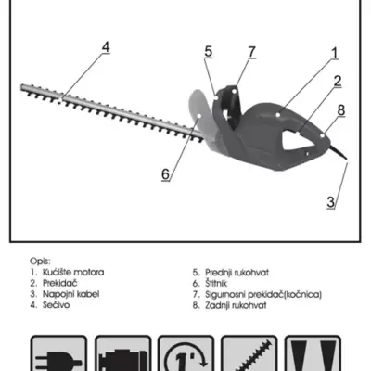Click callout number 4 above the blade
point(106,47)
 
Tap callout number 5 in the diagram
point(209,52)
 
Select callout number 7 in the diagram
point(252,52)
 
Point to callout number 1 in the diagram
point(335,53)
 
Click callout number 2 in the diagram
point(338,81)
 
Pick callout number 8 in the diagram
point(341,110)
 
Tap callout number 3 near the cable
point(331,202)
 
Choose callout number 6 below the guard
point(166,174)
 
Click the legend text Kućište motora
point(73,273)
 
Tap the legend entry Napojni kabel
point(70,294)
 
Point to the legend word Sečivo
point(56,305)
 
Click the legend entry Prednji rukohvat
point(237,273)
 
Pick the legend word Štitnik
point(216,283)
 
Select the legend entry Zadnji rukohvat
point(236,305)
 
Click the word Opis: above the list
point(40,262)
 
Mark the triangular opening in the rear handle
point(298,141)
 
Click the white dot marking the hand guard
point(199,116)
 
